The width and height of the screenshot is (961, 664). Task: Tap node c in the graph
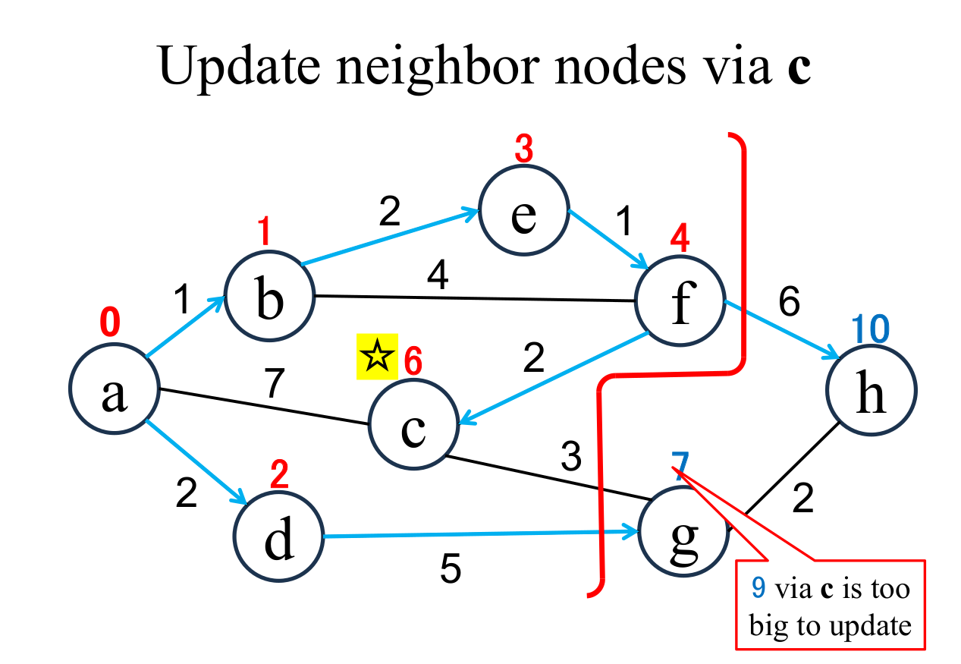pos(413,426)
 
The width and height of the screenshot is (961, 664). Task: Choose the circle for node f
pos(681,301)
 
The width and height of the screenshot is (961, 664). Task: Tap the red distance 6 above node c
pos(413,361)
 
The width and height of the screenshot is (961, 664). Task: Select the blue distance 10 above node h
pos(870,329)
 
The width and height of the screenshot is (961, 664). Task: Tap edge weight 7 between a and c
pos(274,385)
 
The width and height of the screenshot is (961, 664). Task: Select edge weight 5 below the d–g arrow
pos(451,569)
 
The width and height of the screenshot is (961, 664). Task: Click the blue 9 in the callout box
pos(757,587)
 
